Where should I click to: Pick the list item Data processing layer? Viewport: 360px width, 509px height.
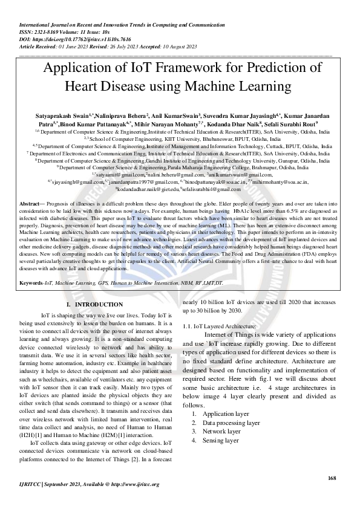[x=232, y=423]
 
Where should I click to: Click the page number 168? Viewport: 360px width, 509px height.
[x=331, y=479]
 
